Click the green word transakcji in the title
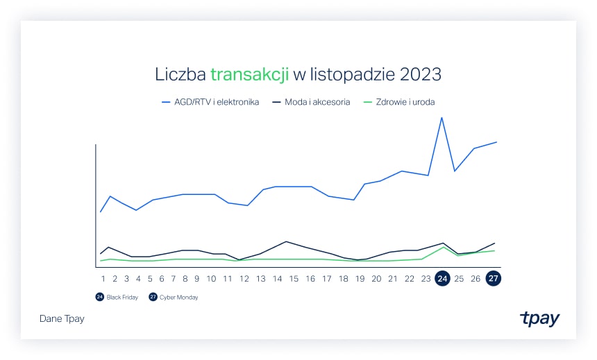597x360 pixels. coord(249,74)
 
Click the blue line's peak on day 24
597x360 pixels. coord(442,117)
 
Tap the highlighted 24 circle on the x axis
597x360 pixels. coord(442,279)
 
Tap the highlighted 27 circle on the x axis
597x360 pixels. coord(493,279)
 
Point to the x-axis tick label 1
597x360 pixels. coord(103,279)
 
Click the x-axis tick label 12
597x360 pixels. coord(244,279)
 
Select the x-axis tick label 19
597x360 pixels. coord(360,279)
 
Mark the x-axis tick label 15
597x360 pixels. coord(294,279)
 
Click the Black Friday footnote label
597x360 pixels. coord(124,298)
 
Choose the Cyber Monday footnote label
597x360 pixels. coord(178,298)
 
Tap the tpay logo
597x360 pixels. coord(539,318)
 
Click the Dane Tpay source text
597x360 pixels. coord(62,319)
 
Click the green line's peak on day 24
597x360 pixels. coord(443,246)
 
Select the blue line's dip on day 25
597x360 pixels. coord(455,171)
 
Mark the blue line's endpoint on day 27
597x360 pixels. coord(497,142)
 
